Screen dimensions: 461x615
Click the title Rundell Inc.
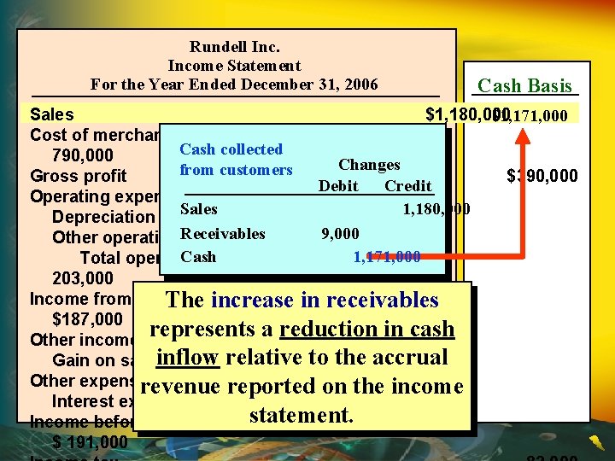coord(234,47)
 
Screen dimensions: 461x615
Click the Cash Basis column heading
coord(524,85)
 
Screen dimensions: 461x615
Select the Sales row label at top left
coord(51,114)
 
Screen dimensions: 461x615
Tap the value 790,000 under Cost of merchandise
coord(82,155)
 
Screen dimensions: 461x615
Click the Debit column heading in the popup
coord(338,186)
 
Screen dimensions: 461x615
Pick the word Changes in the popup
coord(369,165)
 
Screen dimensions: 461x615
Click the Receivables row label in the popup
coord(222,233)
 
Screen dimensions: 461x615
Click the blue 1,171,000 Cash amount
coord(386,256)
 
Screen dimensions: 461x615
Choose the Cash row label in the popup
coord(197,256)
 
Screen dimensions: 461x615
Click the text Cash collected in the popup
coord(231,149)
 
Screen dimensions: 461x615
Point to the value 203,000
coord(82,278)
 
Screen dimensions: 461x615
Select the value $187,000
coord(87,319)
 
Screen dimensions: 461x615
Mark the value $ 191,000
coord(90,442)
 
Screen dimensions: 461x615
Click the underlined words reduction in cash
coord(367,330)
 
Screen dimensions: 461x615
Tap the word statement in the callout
coord(300,416)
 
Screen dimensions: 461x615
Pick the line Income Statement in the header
coord(234,66)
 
